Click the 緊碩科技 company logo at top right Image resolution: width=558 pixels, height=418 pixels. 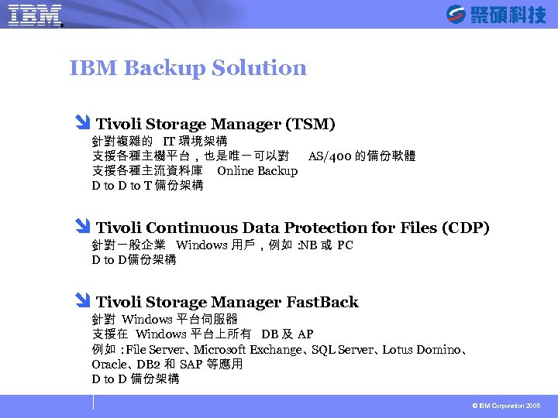(x=496, y=14)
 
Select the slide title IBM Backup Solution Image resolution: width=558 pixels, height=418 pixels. (x=188, y=68)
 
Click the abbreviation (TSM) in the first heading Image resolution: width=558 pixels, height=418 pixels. (x=310, y=124)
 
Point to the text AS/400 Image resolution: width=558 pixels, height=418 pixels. (x=329, y=156)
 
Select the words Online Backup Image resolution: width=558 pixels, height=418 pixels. (x=257, y=170)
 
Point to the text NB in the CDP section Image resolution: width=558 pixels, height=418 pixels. (x=308, y=245)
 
